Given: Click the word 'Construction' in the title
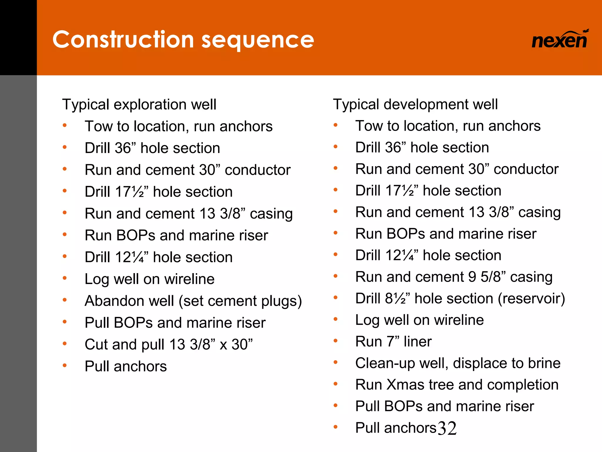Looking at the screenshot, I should pos(123,39).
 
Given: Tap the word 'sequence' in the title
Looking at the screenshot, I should pos(258,40).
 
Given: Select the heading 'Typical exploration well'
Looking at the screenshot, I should pos(139,104).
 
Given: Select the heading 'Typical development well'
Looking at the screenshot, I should pos(415,104).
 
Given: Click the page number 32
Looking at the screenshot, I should pos(447,428).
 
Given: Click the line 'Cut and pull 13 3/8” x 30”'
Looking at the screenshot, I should pos(168,344).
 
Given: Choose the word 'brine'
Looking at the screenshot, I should pos(544,363).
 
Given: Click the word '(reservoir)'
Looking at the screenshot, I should pos(531,299).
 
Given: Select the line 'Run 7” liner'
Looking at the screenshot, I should pos(393,342).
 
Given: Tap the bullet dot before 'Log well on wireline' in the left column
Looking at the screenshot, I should pos(65,278).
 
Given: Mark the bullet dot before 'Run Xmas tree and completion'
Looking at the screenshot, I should pos(335,384).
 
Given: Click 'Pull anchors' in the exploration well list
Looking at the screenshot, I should pos(126,366).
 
